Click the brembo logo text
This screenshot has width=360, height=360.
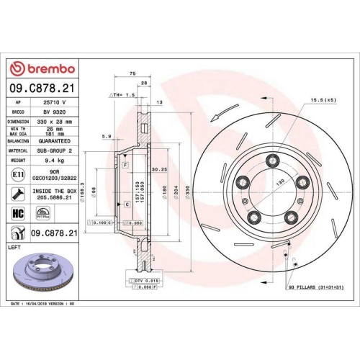(45, 69)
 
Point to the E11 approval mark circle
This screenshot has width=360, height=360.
(17, 175)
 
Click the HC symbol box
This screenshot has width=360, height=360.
(18, 214)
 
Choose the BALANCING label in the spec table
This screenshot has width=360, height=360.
(18, 142)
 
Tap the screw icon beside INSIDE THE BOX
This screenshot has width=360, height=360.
(17, 194)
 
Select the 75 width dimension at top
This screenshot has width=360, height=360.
(132, 73)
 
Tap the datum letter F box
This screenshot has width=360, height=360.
(125, 166)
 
